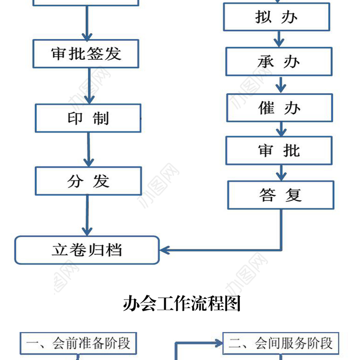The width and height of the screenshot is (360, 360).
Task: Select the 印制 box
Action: [x=88, y=118]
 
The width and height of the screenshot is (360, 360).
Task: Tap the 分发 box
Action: [x=88, y=181]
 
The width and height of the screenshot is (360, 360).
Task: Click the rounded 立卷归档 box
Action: [x=87, y=250]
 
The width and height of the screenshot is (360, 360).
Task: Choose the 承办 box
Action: [x=279, y=62]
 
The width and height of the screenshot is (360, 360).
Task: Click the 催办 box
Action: [x=279, y=108]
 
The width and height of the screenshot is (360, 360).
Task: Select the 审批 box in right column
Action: [x=279, y=150]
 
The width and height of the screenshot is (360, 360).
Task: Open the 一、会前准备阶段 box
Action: [x=78, y=344]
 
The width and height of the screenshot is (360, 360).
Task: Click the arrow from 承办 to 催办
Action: [x=281, y=85]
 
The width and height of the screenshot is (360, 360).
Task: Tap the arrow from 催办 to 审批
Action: [x=281, y=129]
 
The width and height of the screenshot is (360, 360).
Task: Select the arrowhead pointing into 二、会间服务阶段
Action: [x=219, y=344]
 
